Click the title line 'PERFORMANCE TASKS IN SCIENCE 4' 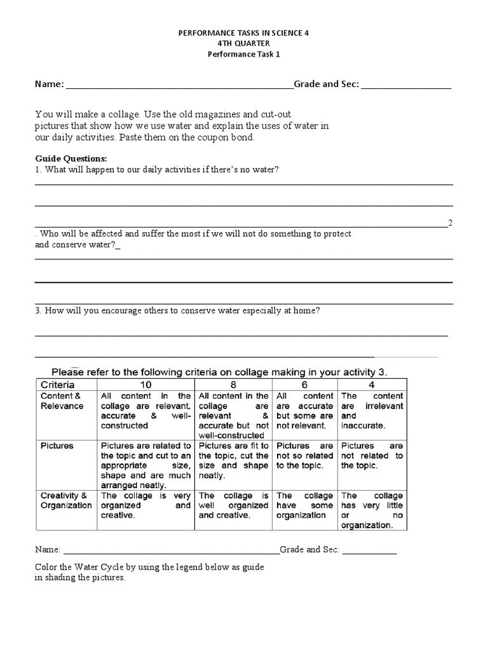[x=244, y=31]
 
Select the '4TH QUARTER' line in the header [x=244, y=43]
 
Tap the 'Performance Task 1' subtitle [x=244, y=54]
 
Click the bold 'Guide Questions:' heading [x=71, y=158]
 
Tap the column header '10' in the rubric [x=146, y=385]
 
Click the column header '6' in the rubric [x=304, y=385]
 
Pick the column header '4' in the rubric [x=372, y=385]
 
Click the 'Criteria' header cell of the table [x=58, y=385]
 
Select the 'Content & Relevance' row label [x=62, y=401]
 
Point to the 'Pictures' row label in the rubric [x=57, y=446]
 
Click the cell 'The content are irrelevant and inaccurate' [x=372, y=411]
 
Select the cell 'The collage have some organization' [x=304, y=505]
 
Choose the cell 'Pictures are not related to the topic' [x=372, y=455]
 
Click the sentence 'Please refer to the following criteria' [x=219, y=371]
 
